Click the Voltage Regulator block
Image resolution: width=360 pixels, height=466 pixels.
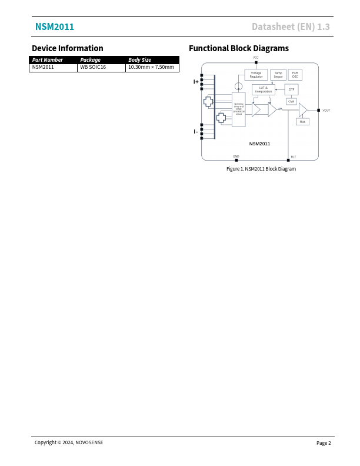[x=256, y=75]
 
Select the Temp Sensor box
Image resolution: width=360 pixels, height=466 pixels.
[x=278, y=75]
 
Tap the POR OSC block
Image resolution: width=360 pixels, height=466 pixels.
[x=295, y=75]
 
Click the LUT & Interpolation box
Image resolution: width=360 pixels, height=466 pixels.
[x=264, y=89]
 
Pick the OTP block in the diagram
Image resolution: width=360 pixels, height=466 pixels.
[x=291, y=89]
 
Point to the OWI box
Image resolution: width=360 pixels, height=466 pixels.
[x=291, y=101]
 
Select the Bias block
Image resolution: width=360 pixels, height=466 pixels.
[x=302, y=122]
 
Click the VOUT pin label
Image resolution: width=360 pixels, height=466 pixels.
[x=326, y=111]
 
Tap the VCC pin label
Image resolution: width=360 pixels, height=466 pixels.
[x=256, y=58]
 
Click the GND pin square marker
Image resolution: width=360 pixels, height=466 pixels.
[x=236, y=160]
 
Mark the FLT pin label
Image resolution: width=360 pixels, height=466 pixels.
[x=294, y=157]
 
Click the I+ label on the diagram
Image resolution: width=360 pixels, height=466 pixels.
[x=196, y=82]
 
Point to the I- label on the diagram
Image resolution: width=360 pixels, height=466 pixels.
[x=196, y=132]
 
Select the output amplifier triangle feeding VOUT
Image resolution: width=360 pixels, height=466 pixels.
[x=302, y=110]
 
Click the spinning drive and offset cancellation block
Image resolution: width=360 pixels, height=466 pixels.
[x=238, y=109]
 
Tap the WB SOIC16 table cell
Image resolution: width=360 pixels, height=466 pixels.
[x=93, y=68]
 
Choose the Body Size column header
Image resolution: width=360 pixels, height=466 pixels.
[x=139, y=60]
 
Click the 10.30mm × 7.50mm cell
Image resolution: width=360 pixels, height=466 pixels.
[x=151, y=68]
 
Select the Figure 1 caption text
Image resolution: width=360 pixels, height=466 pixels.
[x=261, y=169]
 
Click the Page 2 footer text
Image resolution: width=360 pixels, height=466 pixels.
[x=324, y=443]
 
